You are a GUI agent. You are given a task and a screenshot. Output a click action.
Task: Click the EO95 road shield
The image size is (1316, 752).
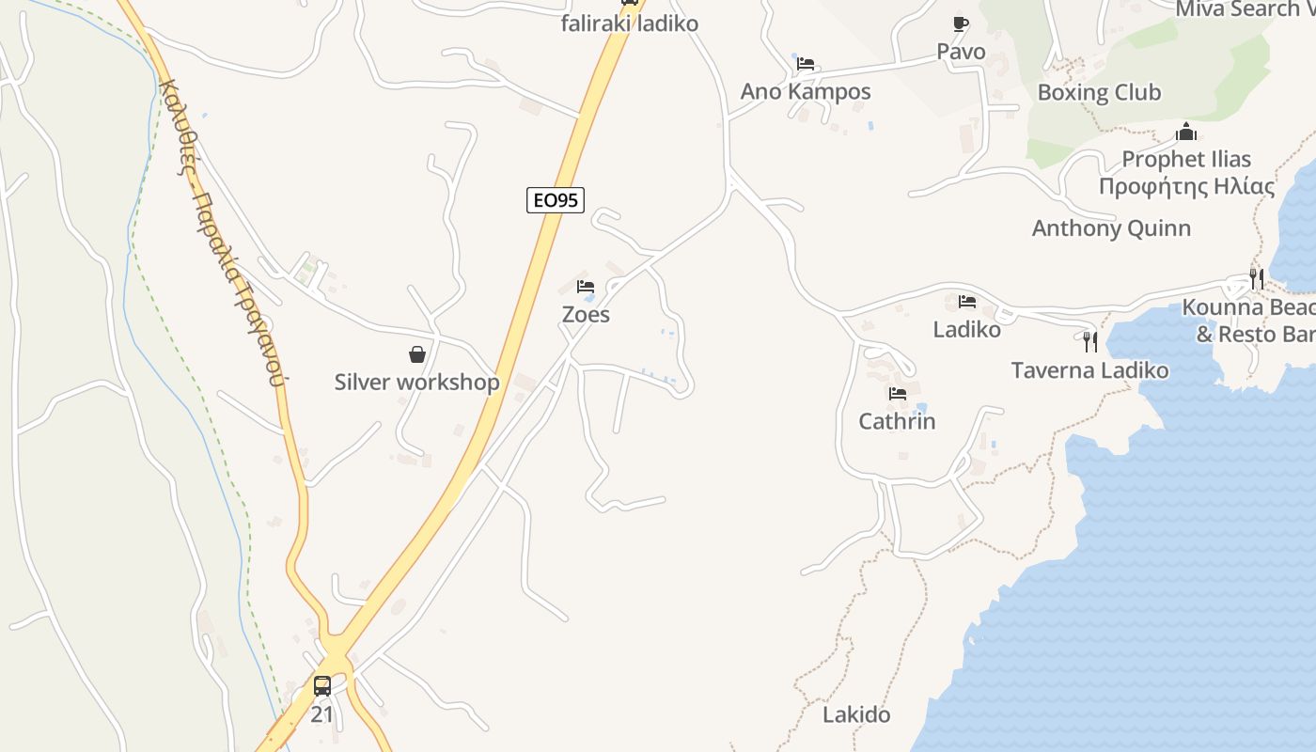(x=555, y=199)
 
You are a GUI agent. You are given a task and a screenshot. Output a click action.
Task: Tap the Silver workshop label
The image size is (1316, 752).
(x=417, y=383)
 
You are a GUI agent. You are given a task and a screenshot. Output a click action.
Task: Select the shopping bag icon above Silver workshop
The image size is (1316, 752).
(x=417, y=354)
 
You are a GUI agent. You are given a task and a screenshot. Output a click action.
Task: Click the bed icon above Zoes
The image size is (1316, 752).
(x=586, y=287)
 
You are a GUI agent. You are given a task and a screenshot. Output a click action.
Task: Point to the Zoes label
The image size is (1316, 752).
(x=586, y=315)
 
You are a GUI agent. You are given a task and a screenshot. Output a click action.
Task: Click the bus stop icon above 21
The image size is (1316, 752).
(x=322, y=686)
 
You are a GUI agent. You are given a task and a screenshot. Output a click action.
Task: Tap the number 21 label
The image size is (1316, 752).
(x=322, y=714)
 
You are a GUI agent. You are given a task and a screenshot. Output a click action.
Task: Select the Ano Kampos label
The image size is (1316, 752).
(x=806, y=91)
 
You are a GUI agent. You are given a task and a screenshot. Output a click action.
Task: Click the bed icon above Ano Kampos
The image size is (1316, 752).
(x=806, y=64)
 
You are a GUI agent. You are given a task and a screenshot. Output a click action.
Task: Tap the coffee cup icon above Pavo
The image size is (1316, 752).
(x=960, y=23)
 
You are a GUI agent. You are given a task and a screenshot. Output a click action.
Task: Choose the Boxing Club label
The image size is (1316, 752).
(x=1099, y=92)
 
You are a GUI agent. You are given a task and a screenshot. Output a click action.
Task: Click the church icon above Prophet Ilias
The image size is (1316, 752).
(x=1186, y=132)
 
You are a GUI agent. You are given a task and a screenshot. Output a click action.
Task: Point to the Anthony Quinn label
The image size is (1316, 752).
(x=1111, y=227)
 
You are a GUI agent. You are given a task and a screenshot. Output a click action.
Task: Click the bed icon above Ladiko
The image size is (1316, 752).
(x=967, y=302)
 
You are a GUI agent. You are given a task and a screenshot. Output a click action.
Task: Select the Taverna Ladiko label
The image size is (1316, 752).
(x=1089, y=370)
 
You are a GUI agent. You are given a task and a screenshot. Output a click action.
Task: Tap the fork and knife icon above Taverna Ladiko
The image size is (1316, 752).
(x=1090, y=341)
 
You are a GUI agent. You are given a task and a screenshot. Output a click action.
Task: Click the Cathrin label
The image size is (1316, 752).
(x=897, y=421)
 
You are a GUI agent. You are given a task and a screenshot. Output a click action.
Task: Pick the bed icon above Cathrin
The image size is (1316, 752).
(x=898, y=394)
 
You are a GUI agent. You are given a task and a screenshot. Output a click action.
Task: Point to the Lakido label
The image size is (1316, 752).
(x=856, y=714)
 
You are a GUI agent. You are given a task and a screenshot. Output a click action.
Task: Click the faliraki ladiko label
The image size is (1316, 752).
(x=630, y=23)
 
